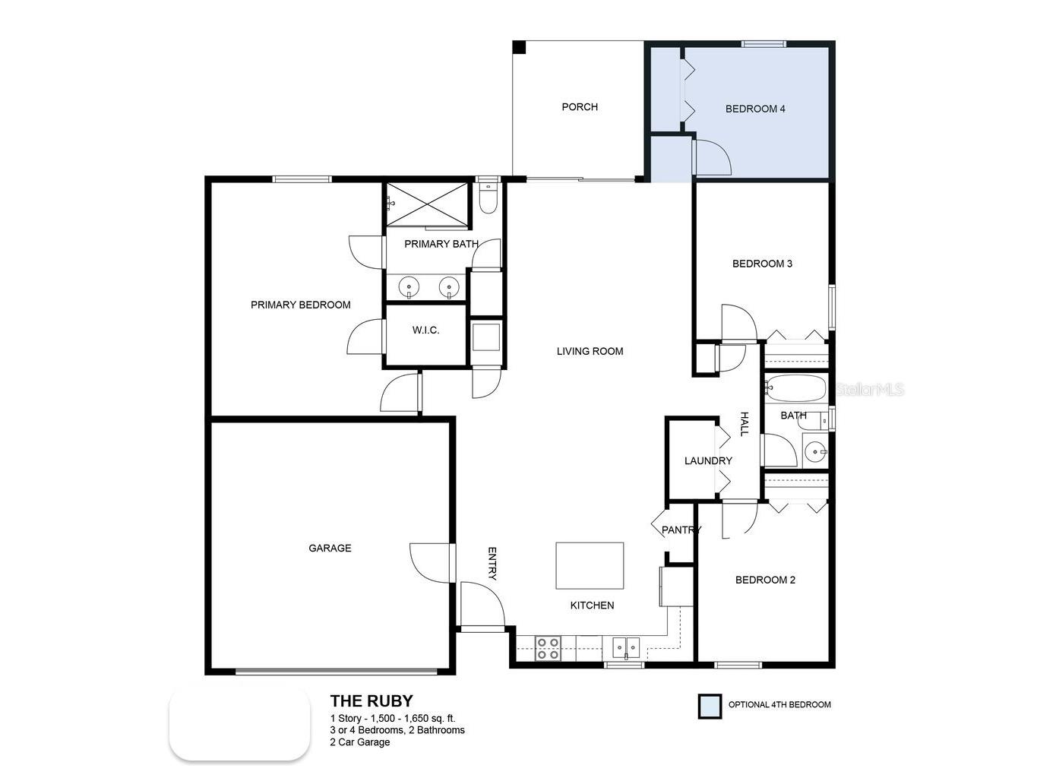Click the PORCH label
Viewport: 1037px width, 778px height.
tap(580, 107)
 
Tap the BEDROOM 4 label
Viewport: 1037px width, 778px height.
tap(755, 109)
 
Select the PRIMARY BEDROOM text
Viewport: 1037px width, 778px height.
tap(301, 305)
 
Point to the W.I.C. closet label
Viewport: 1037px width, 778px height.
tap(425, 330)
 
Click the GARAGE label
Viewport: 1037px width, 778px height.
tap(330, 548)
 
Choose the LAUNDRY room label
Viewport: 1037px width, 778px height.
tap(708, 460)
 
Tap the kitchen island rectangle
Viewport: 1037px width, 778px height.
tap(590, 565)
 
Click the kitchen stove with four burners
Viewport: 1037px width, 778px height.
tap(548, 648)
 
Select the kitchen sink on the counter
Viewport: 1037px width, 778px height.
tap(626, 648)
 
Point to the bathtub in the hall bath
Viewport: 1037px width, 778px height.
tap(795, 389)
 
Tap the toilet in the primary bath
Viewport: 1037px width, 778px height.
tap(488, 198)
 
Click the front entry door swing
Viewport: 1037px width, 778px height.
tap(482, 605)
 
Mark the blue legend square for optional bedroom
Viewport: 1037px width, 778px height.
tap(710, 706)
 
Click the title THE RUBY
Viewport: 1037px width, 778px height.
tap(371, 701)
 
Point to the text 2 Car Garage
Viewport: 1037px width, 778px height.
tap(360, 742)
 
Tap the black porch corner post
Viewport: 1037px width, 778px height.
tap(519, 47)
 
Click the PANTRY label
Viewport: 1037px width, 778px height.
tap(681, 530)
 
